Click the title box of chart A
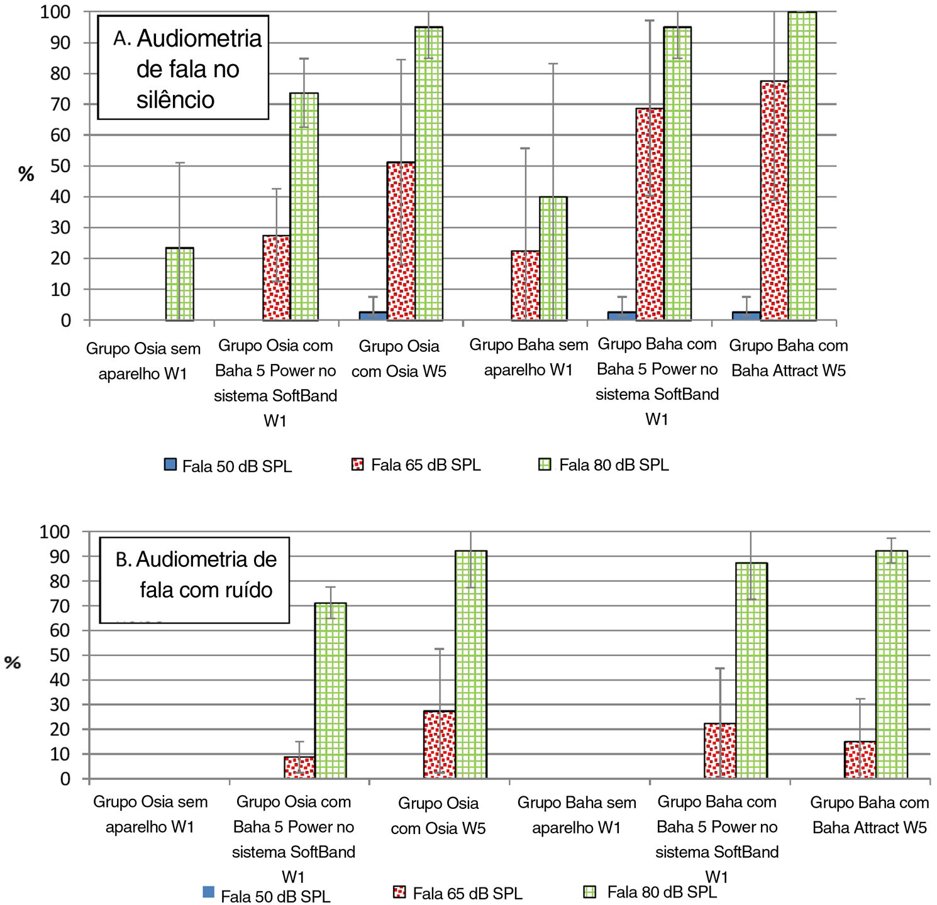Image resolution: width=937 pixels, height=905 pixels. [183, 68]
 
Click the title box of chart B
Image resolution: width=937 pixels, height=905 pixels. [194, 579]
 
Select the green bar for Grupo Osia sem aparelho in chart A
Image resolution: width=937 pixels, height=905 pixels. [179, 284]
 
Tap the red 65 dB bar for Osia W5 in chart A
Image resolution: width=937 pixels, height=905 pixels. [401, 241]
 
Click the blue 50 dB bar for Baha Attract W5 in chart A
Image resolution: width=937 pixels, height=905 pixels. [746, 316]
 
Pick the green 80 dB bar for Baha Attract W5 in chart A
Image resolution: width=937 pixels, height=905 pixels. [802, 166]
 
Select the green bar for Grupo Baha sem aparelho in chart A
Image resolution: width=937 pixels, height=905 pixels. [553, 258]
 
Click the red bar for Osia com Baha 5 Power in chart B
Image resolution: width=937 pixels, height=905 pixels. [299, 767]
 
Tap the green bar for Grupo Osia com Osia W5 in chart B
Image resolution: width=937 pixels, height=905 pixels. [470, 664]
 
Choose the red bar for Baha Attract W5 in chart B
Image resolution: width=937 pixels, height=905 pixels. [860, 760]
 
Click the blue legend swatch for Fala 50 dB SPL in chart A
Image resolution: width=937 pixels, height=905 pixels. [170, 464]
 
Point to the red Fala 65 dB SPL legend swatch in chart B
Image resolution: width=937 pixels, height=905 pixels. [399, 892]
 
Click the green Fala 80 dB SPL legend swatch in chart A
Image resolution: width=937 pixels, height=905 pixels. [545, 464]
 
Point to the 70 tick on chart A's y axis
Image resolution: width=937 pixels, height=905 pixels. [61, 104]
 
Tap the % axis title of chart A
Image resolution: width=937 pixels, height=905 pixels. [26, 174]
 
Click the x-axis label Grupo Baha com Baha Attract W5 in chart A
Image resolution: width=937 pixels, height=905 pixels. [789, 358]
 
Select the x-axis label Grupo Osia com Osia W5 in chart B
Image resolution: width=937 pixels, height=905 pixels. [438, 815]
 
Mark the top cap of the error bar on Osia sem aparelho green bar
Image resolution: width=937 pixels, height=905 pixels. [179, 163]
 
